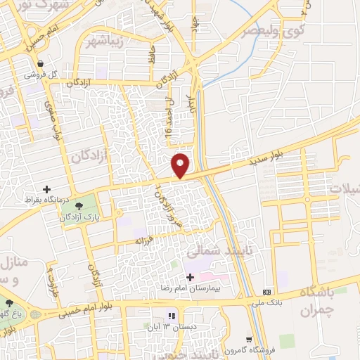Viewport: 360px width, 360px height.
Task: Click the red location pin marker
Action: pos(181,165)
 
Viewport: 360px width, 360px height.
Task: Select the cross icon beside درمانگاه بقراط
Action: pos(46,189)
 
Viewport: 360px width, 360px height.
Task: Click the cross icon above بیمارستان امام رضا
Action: pos(190,277)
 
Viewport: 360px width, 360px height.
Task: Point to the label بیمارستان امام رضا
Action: pos(208,288)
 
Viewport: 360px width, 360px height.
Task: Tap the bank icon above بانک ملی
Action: pos(267,292)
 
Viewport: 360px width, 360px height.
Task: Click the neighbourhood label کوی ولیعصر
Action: pos(273,32)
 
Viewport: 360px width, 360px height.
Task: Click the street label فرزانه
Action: pos(149,240)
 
